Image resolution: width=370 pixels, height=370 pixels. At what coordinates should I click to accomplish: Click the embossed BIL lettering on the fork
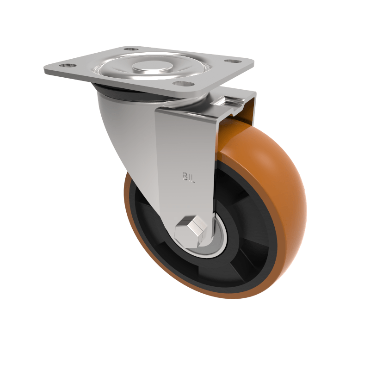[189, 178]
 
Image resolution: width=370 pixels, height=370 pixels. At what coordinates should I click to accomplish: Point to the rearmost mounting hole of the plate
[131, 49]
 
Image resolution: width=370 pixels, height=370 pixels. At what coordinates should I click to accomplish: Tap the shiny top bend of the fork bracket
[185, 111]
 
